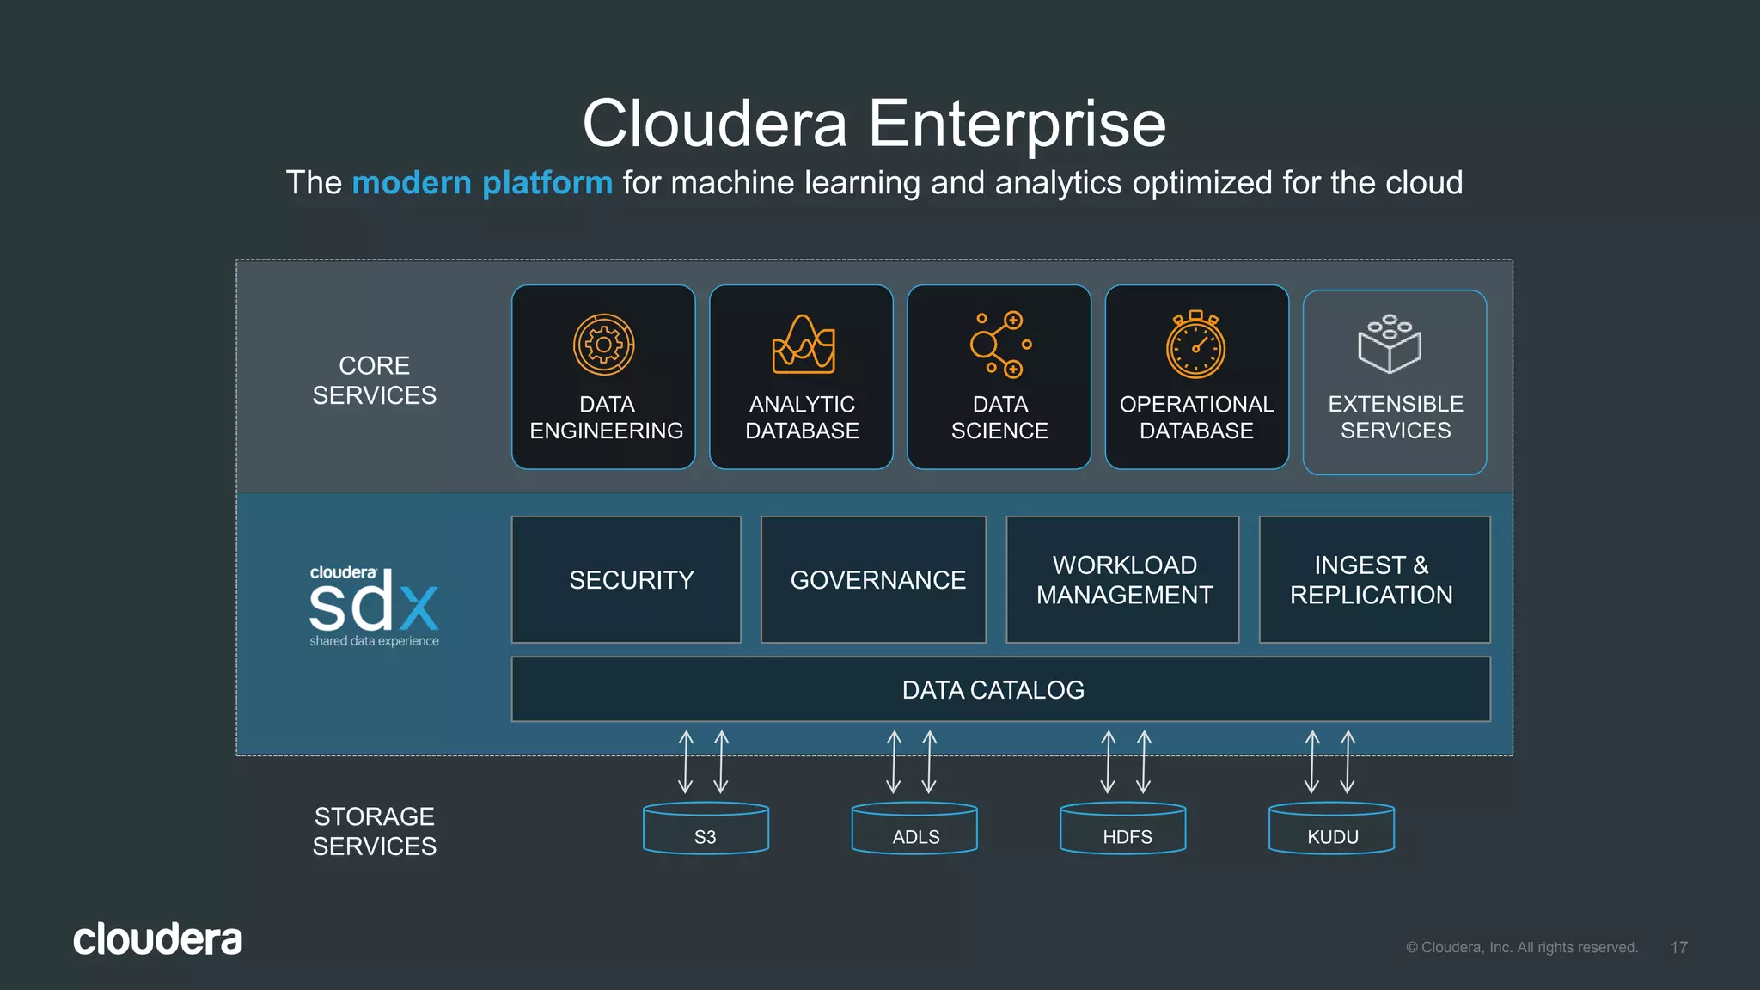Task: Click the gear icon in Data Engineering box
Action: pos(603,345)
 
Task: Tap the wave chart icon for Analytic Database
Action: pos(803,345)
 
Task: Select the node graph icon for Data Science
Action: pos(999,345)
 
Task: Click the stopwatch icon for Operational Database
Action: pos(1195,345)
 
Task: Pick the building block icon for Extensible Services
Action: pos(1389,344)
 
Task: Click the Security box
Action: pos(626,580)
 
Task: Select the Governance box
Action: pos(873,580)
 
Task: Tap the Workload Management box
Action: pos(1122,580)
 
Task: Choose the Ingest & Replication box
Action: pos(1374,580)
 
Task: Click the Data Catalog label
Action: pos(993,690)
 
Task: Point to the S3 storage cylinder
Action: pos(706,828)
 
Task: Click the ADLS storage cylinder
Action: pos(914,828)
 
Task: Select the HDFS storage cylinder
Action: pos(1123,828)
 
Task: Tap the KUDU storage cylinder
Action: pos(1331,828)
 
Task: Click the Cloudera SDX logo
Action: pos(374,606)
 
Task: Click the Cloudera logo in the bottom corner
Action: pos(157,939)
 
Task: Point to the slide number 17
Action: pos(1678,947)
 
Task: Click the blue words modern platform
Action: pos(482,183)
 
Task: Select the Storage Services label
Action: pos(374,831)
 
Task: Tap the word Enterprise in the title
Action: pos(1017,124)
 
